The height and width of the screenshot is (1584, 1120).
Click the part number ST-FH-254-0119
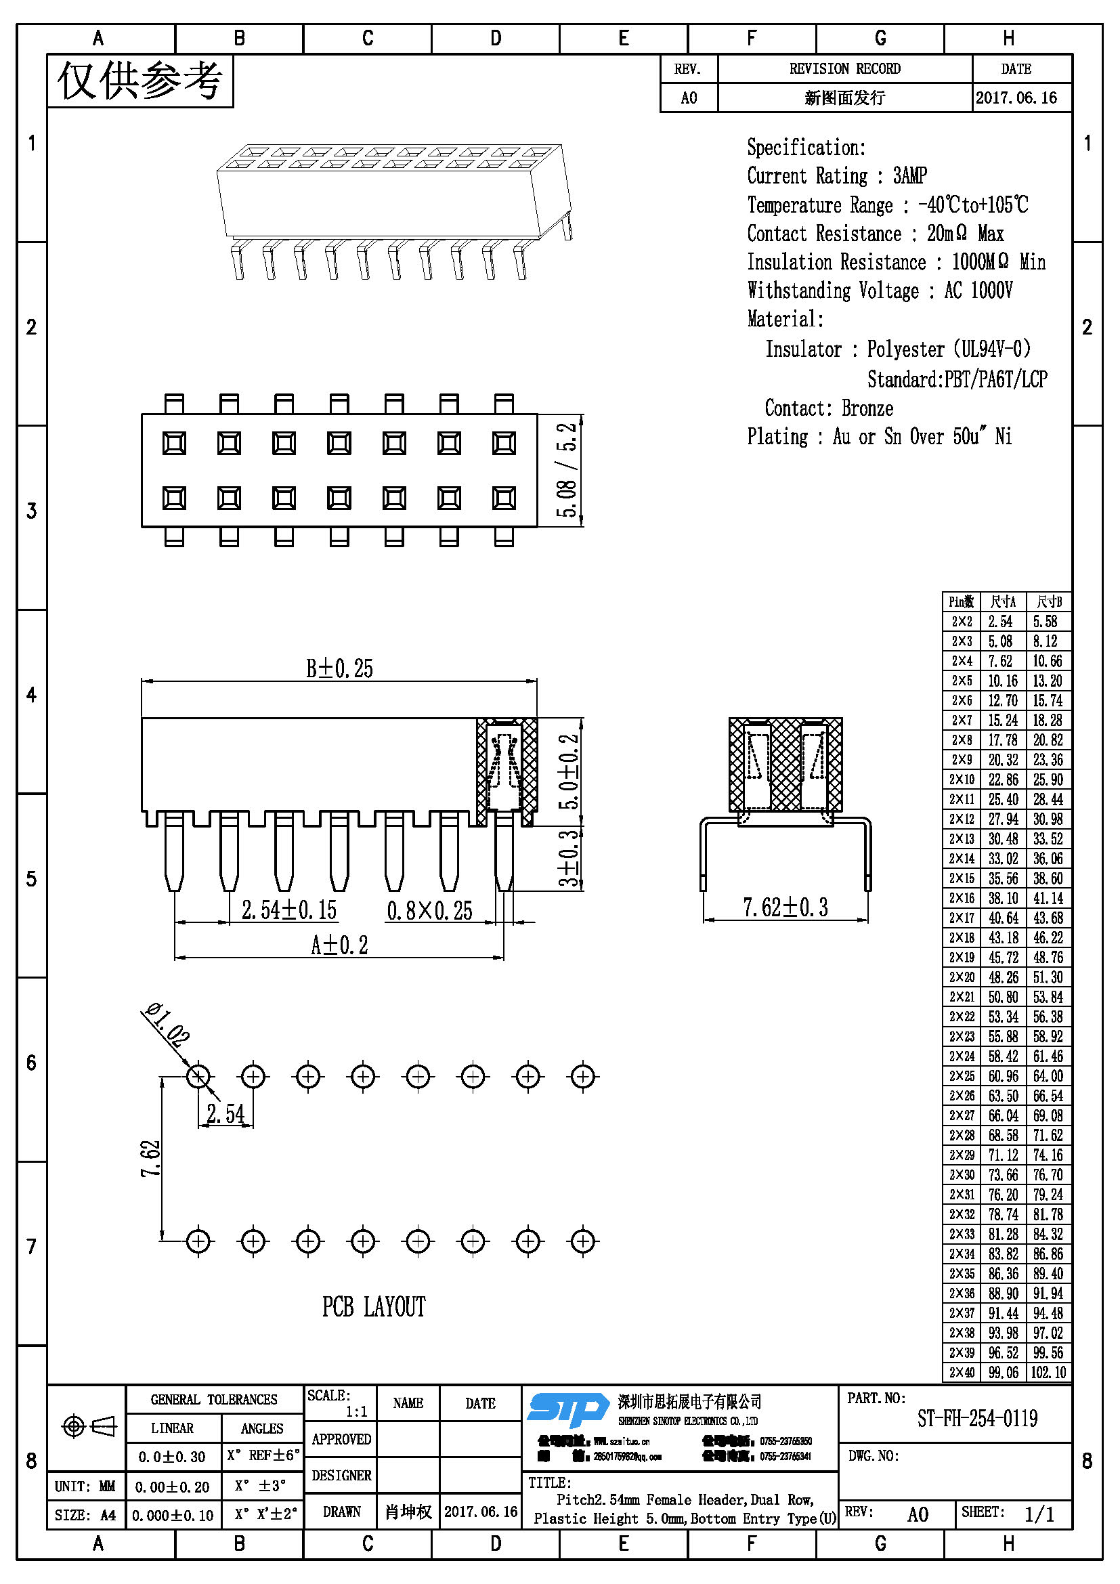pyautogui.click(x=976, y=1419)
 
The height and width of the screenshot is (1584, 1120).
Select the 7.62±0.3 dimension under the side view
pyautogui.click(x=785, y=907)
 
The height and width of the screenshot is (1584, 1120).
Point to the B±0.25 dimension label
pyautogui.click(x=339, y=668)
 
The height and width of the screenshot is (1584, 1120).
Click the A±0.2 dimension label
pyautogui.click(x=339, y=945)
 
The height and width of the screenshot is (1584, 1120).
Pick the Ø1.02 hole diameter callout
pyautogui.click(x=165, y=1025)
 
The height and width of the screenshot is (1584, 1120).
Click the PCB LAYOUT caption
pyautogui.click(x=374, y=1306)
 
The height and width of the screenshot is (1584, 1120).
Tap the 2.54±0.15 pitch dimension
pyautogui.click(x=289, y=910)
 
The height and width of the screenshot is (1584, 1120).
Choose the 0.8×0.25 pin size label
pyautogui.click(x=429, y=911)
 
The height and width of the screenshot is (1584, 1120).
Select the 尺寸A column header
pyautogui.click(x=1004, y=601)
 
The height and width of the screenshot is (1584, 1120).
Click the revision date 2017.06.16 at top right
pyautogui.click(x=1016, y=98)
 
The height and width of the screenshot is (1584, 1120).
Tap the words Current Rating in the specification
pyautogui.click(x=807, y=176)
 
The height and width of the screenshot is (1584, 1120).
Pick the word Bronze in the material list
pyautogui.click(x=867, y=408)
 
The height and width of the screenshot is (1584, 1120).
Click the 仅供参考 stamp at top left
pyautogui.click(x=140, y=81)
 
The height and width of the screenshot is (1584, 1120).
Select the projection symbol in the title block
pyautogui.click(x=89, y=1427)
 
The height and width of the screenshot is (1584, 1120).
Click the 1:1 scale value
pyautogui.click(x=357, y=1411)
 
